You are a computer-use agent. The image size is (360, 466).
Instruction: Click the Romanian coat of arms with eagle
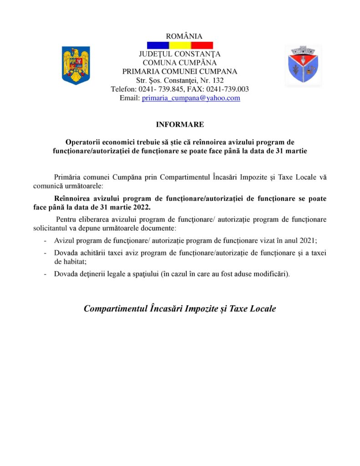pyautogui.click(x=76, y=66)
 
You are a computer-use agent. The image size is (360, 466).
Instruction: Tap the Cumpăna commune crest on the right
pyautogui.click(x=303, y=66)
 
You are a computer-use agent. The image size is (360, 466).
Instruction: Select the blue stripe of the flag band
pyautogui.click(x=158, y=46)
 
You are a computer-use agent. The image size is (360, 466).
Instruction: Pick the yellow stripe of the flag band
pyautogui.click(x=180, y=46)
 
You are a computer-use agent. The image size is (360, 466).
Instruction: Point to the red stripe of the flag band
pyautogui.click(x=202, y=46)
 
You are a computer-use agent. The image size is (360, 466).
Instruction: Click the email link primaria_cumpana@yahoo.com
pyautogui.click(x=191, y=98)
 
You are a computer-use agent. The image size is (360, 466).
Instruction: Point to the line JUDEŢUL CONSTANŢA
pyautogui.click(x=180, y=55)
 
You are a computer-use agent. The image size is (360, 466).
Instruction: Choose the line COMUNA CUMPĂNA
pyautogui.click(x=180, y=63)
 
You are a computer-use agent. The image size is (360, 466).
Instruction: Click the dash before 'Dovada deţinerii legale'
pyautogui.click(x=45, y=274)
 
